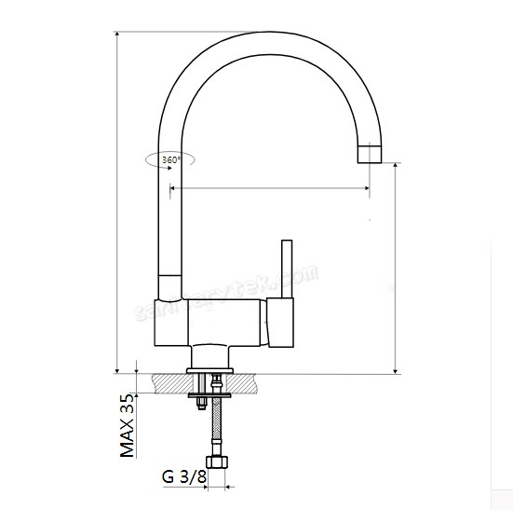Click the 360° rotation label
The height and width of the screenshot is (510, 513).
pos(171,160)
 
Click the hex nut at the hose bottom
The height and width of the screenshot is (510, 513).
pos(218,462)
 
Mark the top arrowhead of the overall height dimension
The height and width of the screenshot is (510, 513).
pos(118,35)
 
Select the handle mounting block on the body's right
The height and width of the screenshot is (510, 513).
pos(279,321)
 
